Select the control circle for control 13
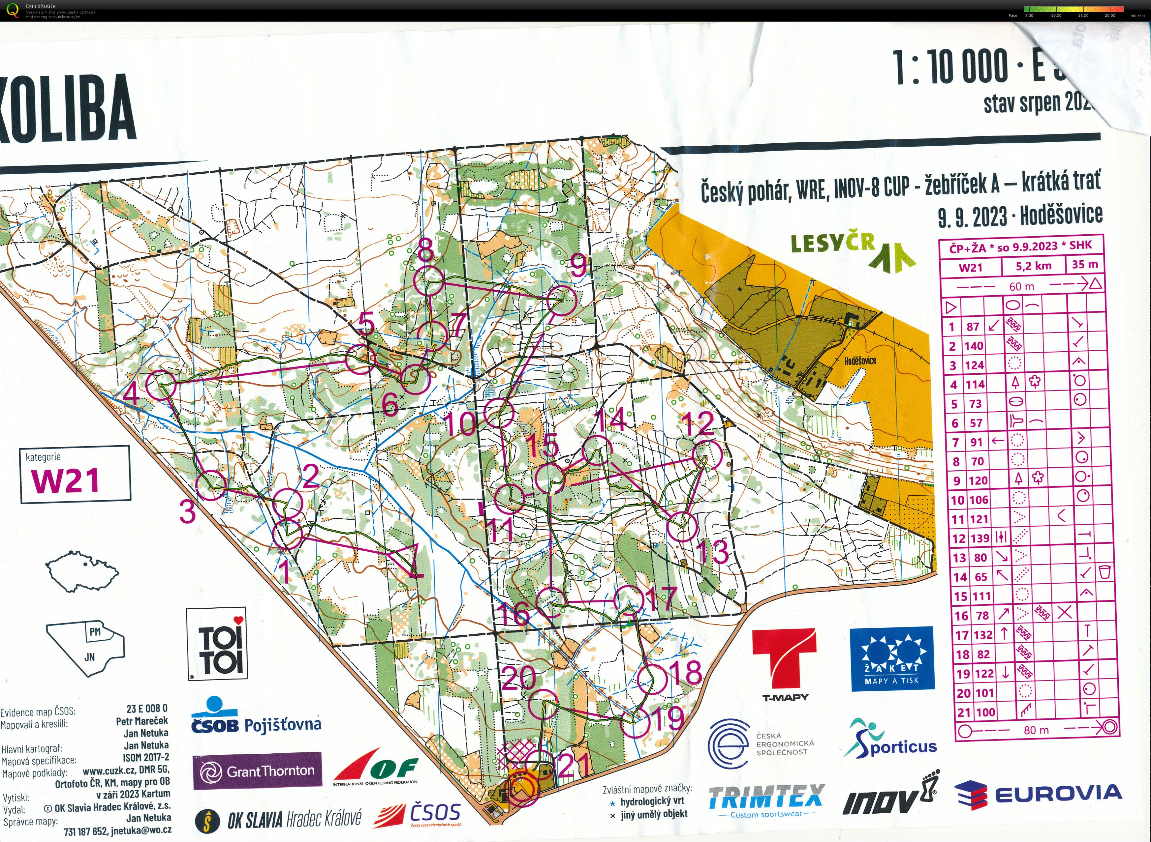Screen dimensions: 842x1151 click(682, 527)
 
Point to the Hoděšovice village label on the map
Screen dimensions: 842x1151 click(860, 361)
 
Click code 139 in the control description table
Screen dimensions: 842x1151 click(980, 538)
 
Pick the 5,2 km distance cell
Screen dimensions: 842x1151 click(1033, 266)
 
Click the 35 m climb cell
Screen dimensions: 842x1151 click(1085, 265)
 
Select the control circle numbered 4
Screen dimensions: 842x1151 click(161, 385)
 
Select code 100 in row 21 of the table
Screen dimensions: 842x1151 click(985, 712)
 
